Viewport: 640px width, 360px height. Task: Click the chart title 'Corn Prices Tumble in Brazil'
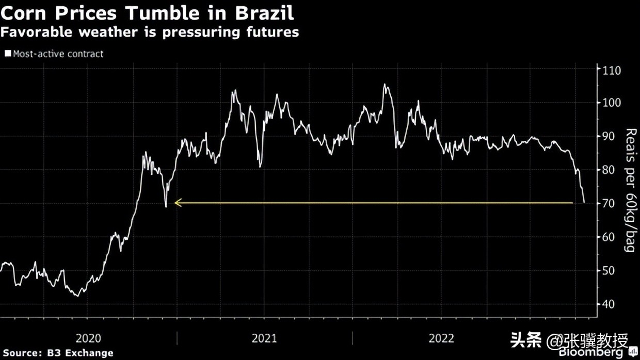[147, 12]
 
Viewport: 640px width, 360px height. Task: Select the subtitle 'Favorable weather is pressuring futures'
[150, 32]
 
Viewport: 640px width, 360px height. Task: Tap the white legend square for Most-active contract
[8, 54]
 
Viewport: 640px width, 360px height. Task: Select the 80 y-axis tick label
[609, 170]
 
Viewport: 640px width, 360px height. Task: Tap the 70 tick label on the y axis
[609, 203]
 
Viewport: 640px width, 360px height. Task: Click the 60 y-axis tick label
[609, 237]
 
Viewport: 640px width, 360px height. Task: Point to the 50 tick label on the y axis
[609, 270]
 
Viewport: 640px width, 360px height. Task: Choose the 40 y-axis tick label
[609, 304]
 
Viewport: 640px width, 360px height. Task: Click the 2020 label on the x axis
[88, 338]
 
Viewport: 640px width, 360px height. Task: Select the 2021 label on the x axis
[264, 338]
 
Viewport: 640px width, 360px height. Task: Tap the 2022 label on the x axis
[441, 338]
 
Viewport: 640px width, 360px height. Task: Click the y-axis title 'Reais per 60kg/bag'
[629, 190]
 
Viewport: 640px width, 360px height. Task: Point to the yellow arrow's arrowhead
[177, 203]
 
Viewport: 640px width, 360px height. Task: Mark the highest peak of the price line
[385, 84]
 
